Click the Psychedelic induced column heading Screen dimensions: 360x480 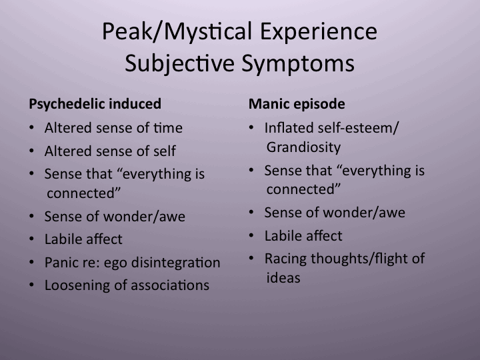tap(95, 104)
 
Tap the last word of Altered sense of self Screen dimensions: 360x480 tap(164, 151)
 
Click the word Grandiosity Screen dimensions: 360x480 tap(303, 147)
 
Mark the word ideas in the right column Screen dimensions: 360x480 tap(283, 278)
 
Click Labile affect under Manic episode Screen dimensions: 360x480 tap(303, 235)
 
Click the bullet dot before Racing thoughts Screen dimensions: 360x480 tap(251, 259)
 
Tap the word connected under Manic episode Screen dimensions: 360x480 tap(304, 189)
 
